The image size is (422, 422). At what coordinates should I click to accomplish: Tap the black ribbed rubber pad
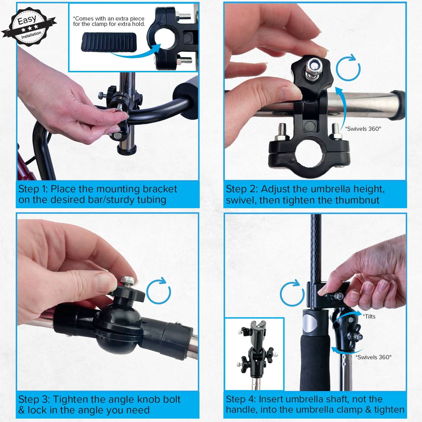[109, 43]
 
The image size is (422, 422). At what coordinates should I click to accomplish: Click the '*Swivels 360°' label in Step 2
[363, 129]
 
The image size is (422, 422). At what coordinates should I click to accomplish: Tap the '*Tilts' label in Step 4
[369, 316]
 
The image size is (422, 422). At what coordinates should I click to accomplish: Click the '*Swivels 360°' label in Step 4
[374, 357]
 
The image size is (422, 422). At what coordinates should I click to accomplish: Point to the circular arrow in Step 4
[292, 294]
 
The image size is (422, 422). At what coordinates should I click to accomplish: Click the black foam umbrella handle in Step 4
[315, 362]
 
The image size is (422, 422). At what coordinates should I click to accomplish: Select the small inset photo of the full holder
[254, 354]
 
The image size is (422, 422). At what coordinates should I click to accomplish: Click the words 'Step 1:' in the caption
[33, 189]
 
